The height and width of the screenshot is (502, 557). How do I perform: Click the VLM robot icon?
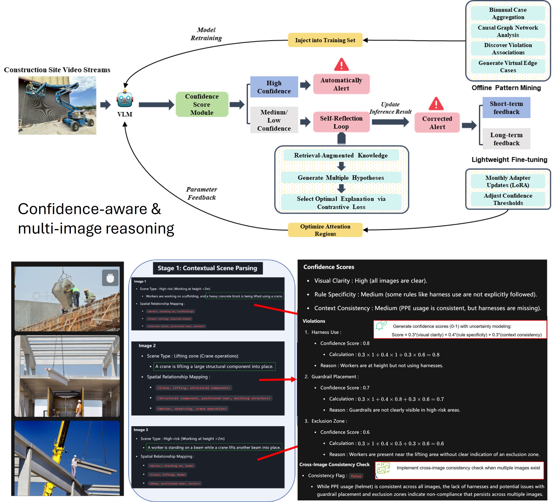[125, 99]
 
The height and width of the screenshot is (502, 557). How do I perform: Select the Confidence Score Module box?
[202, 105]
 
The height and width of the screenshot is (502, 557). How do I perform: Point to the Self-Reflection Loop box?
[341, 122]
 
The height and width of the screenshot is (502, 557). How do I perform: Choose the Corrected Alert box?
[437, 123]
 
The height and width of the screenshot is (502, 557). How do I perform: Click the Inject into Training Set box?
[325, 40]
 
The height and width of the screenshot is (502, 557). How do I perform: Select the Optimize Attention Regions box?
[325, 230]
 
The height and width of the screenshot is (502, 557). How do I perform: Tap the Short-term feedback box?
[506, 108]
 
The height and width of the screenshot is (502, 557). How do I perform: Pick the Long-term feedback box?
[506, 139]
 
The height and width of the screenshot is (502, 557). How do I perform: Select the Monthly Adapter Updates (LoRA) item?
[508, 182]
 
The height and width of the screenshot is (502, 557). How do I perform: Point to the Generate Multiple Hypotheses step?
[341, 178]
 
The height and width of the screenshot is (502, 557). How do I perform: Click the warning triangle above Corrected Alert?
[436, 104]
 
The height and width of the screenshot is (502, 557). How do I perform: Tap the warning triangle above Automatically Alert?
[341, 65]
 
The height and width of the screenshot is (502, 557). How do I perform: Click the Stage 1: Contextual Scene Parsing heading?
[207, 268]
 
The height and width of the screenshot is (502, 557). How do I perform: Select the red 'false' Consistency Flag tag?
[356, 476]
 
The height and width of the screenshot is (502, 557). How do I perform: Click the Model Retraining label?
[206, 34]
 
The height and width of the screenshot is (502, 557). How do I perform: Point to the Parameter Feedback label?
[202, 193]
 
